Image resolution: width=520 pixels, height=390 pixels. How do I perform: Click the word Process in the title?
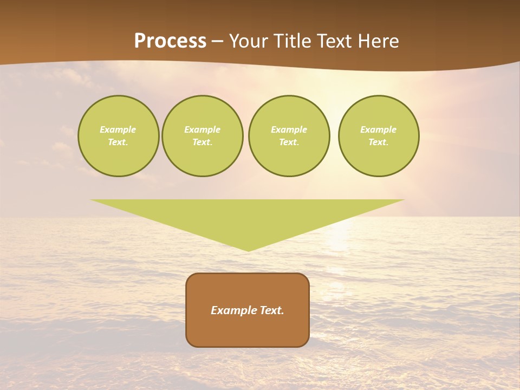[170, 41]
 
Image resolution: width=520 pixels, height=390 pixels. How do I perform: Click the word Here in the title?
[379, 41]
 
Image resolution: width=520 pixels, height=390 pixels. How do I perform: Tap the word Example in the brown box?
[233, 310]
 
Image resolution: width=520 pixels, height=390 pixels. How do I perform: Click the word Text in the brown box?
[271, 310]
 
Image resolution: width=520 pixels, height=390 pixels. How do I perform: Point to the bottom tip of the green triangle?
[248, 250]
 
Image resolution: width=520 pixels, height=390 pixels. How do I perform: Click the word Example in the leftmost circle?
[118, 129]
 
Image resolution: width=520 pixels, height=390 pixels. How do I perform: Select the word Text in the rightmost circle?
[379, 142]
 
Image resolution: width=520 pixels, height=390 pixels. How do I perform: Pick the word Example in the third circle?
[289, 129]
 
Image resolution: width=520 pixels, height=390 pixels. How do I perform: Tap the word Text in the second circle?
[203, 142]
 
